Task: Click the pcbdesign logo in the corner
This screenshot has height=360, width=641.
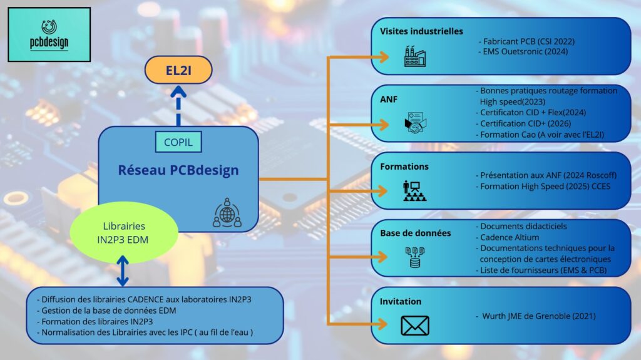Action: click(x=49, y=34)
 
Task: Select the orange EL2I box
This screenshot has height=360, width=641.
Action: click(x=178, y=70)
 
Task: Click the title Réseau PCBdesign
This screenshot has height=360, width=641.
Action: click(x=178, y=170)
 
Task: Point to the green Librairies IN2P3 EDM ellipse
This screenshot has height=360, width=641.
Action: click(x=123, y=232)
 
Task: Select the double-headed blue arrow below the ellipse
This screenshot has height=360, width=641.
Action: click(x=123, y=271)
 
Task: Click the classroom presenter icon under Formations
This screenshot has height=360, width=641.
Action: click(x=414, y=191)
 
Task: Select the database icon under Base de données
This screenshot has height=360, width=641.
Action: click(x=414, y=257)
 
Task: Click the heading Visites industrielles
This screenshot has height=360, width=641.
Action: click(x=421, y=31)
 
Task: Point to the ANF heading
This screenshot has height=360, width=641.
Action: click(x=389, y=98)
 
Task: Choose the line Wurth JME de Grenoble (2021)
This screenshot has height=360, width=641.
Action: click(x=538, y=316)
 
